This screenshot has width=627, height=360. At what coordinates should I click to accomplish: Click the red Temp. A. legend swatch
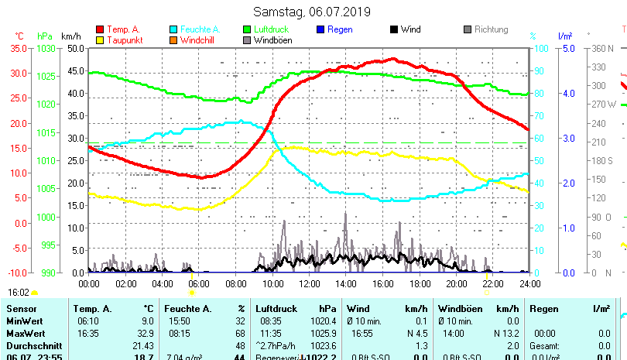101,29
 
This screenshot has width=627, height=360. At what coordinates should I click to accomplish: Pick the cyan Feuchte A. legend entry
195,29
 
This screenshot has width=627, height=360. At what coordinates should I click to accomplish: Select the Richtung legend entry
491,29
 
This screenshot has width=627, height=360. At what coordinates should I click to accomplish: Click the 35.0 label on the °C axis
19,48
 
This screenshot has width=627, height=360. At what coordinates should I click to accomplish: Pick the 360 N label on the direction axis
604,48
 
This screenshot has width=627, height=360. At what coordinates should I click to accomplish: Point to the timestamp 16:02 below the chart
19,293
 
